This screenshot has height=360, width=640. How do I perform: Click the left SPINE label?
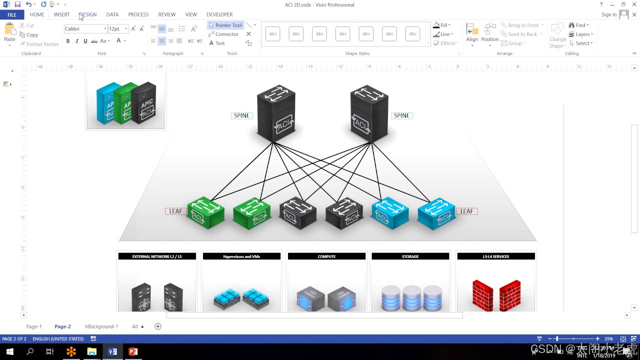coord(241,115)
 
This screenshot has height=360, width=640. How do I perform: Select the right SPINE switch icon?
coord(369,114)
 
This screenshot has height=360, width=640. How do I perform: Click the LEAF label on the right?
coord(466,211)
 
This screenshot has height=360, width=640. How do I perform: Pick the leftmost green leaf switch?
coord(205,212)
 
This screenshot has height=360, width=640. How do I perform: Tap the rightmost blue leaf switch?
coord(436,213)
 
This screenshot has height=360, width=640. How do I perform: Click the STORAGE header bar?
coord(410,256)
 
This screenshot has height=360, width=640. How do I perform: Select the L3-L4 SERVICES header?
coord(495,256)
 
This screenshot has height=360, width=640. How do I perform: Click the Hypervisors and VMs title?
coord(241,256)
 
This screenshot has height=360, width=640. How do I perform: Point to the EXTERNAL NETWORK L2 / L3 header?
coord(157,256)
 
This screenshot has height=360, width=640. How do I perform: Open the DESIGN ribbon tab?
coord(88,14)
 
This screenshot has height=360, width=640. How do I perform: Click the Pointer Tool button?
coord(225,25)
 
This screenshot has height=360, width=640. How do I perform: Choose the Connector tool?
coord(223,34)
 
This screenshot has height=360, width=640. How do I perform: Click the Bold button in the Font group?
coord(68,41)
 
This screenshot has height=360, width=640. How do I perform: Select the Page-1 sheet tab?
coord(34,326)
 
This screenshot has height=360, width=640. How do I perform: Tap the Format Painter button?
coord(39,44)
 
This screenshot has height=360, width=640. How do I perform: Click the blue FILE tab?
coord(11,14)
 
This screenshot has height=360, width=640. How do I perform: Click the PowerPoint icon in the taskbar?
coord(133,351)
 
